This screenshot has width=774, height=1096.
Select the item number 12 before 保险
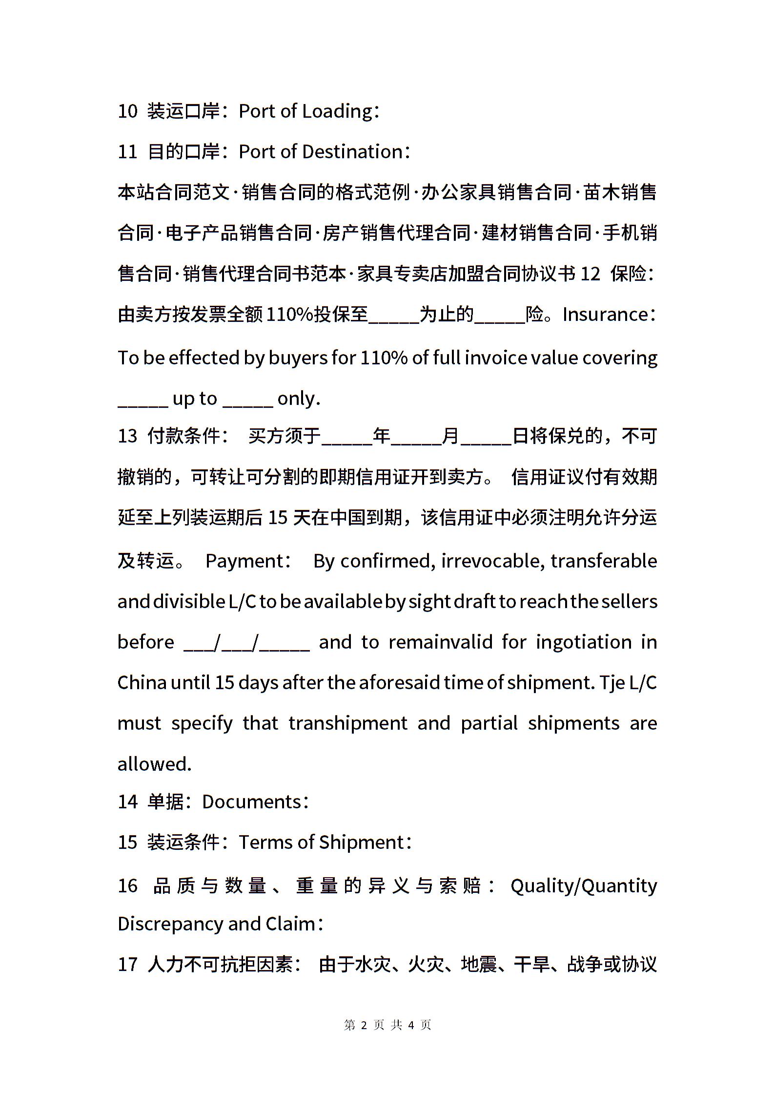(590, 274)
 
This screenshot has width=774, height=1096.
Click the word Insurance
(605, 315)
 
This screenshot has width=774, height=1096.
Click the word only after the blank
(298, 399)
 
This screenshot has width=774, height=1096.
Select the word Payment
(244, 561)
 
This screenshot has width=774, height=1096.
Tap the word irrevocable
(492, 561)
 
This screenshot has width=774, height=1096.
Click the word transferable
(604, 561)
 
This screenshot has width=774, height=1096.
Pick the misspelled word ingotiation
(584, 642)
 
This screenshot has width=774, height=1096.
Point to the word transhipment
(347, 723)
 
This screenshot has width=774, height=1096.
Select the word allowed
(154, 763)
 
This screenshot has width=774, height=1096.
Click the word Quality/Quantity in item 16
(584, 885)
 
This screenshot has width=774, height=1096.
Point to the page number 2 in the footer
(364, 1025)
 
